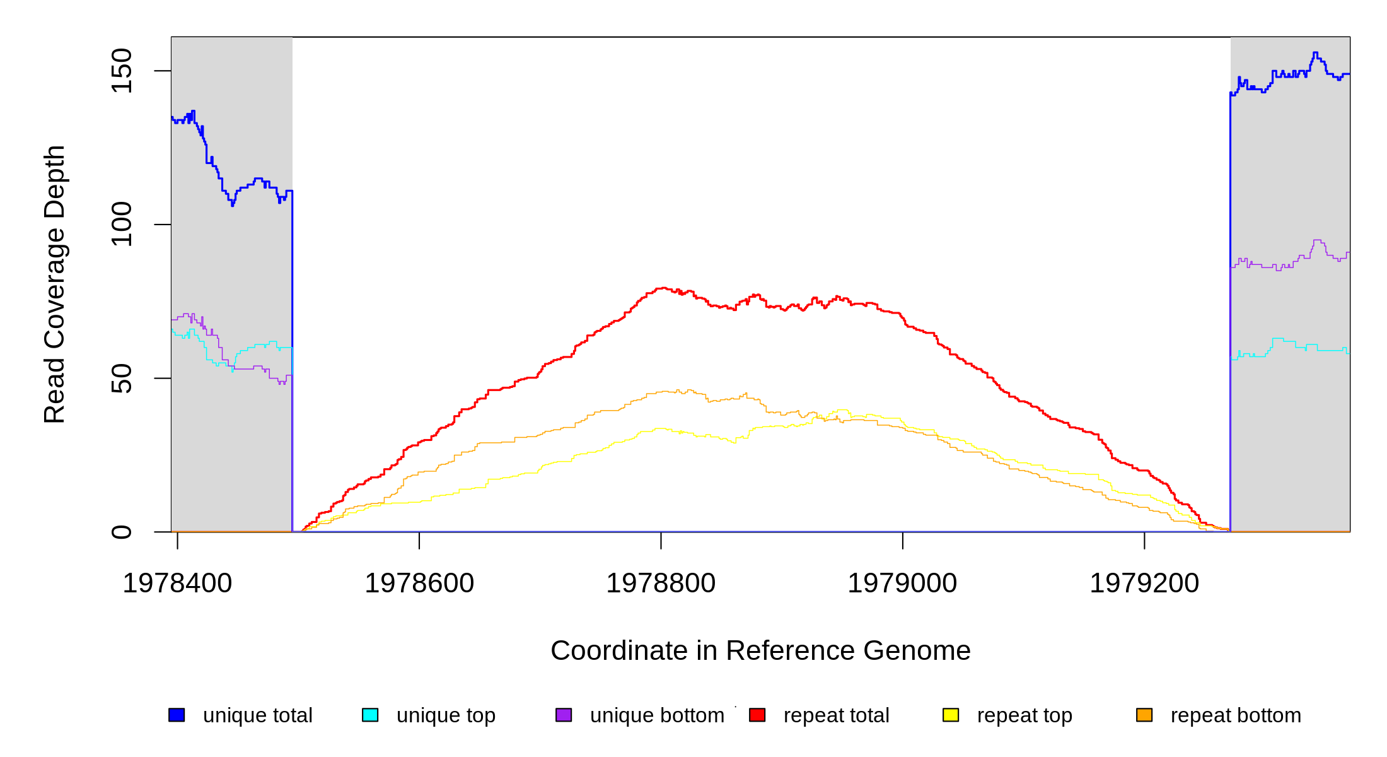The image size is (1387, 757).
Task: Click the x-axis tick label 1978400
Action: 177,584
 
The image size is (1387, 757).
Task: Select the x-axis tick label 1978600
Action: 419,584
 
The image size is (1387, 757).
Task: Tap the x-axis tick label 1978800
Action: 661,584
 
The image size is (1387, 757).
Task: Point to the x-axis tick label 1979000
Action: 902,584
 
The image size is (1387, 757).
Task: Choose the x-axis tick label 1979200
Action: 1144,584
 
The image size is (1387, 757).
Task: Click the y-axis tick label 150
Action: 122,71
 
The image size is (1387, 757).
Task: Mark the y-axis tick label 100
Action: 122,224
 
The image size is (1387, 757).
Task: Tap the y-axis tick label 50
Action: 122,378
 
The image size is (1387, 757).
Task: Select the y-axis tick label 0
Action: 122,532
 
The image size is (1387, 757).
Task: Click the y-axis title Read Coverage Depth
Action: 55,284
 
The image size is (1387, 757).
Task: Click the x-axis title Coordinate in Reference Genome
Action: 760,650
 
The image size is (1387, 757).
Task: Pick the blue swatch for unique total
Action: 177,715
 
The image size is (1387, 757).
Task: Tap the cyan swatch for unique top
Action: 370,715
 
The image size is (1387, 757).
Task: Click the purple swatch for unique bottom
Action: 564,715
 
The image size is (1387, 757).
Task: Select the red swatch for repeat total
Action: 757,715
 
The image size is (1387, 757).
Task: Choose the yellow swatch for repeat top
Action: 951,715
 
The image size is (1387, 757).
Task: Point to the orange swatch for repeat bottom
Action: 1144,715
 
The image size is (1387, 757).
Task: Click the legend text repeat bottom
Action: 1236,715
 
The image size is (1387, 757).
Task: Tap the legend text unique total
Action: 257,715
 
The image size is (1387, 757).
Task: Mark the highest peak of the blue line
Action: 1315,53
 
